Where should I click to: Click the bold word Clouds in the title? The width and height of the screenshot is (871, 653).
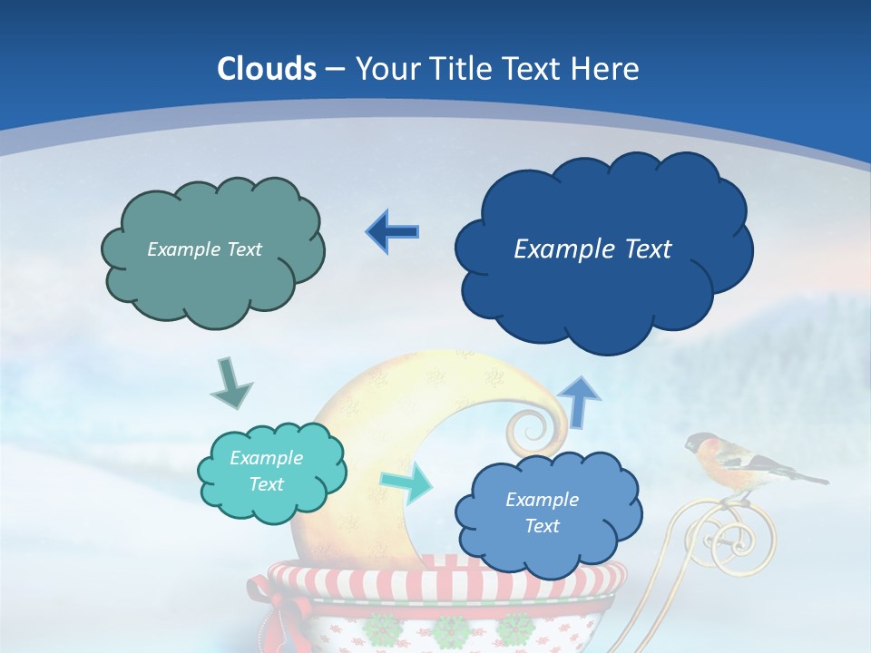pyautogui.click(x=267, y=69)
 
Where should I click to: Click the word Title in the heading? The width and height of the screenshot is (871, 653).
pyautogui.click(x=462, y=69)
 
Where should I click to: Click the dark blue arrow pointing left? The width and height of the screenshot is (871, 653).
pyautogui.click(x=392, y=232)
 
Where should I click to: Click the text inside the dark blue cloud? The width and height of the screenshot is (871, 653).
pyautogui.click(x=592, y=249)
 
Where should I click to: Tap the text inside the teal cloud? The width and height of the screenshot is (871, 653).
pyautogui.click(x=266, y=471)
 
